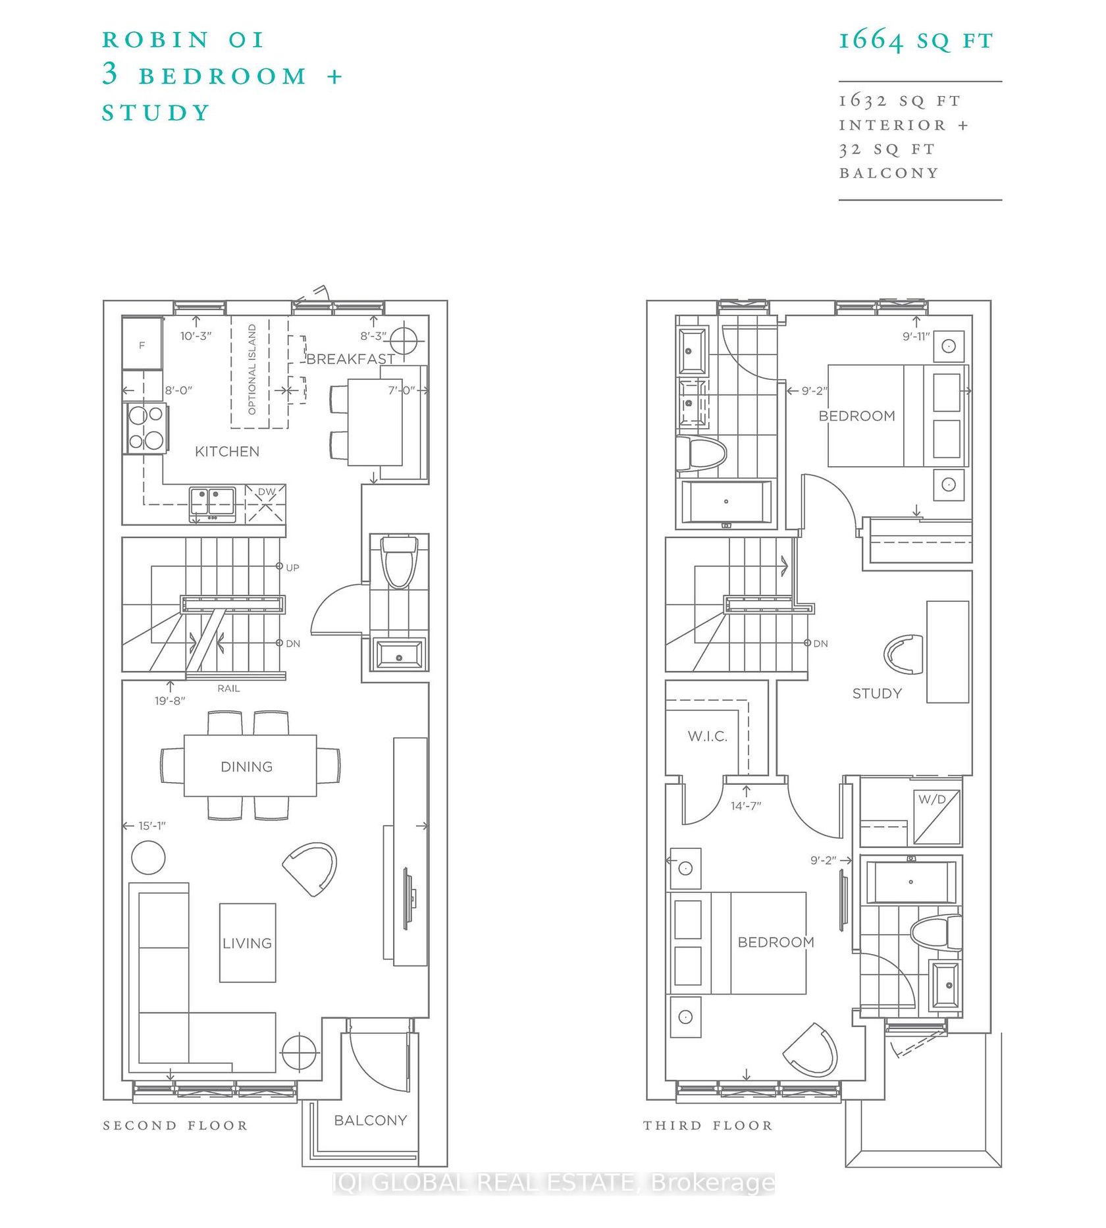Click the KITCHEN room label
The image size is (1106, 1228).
tap(227, 452)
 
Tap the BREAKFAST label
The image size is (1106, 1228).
tap(350, 359)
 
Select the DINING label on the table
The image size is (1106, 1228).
tap(247, 766)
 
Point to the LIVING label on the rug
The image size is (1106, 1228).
tap(247, 943)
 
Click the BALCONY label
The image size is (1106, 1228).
tap(371, 1120)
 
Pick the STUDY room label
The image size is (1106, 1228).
tap(877, 693)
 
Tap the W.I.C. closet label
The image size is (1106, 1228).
tap(708, 737)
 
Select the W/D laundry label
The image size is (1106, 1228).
tap(932, 799)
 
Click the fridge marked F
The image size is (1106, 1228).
tap(142, 344)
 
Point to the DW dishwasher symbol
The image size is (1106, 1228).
tap(265, 504)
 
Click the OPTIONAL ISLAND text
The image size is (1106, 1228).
tap(251, 369)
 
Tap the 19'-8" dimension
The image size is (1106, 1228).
tap(170, 701)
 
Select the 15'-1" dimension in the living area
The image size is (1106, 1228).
tap(152, 826)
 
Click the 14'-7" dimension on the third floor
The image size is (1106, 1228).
tap(746, 806)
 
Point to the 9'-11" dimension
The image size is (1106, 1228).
tap(916, 336)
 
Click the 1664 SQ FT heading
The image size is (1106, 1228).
tap(916, 41)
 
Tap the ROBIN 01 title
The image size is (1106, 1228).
tap(183, 40)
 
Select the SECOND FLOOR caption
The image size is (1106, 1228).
tap(175, 1125)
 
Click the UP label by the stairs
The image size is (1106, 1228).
tap(292, 568)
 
